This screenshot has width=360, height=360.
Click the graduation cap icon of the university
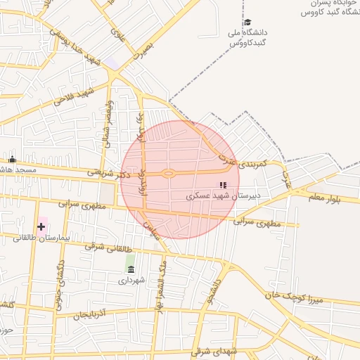(247, 21)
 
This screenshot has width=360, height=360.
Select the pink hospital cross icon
(41, 226)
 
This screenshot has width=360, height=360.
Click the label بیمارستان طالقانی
(41, 238)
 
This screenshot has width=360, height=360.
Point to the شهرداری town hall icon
(131, 269)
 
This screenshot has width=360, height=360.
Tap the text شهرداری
(131, 280)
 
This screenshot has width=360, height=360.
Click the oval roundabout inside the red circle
(168, 174)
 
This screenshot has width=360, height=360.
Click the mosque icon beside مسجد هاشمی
(12, 159)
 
